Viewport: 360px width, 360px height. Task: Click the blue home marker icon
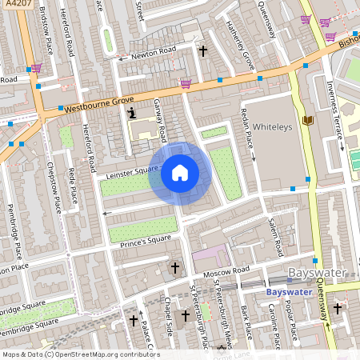pyautogui.click(x=180, y=172)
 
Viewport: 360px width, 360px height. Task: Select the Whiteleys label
pyautogui.click(x=274, y=126)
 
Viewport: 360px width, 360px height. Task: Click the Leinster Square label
pyautogui.click(x=127, y=171)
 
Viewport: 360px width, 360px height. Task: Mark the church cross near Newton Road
pyautogui.click(x=202, y=50)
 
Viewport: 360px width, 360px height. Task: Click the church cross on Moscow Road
pyautogui.click(x=175, y=266)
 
